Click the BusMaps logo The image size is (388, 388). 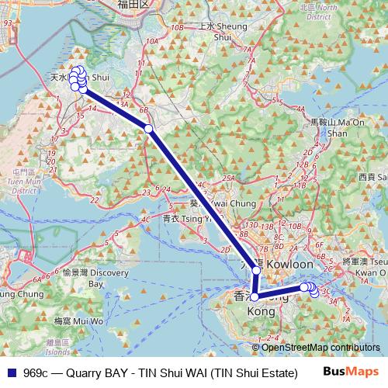[x=353, y=371]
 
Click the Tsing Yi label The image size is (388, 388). [x=192, y=220]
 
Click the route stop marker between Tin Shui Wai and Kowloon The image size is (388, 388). [x=149, y=128]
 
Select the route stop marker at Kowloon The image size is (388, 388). [x=257, y=272]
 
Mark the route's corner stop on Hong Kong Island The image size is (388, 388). [x=254, y=296]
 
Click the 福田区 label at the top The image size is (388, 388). [x=133, y=5]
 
